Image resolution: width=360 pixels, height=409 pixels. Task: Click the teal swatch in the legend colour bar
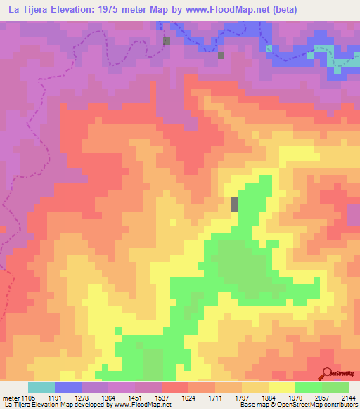point(41,387)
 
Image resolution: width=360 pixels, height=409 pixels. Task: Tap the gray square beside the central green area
point(235,204)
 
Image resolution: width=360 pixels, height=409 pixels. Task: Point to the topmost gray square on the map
point(167,41)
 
